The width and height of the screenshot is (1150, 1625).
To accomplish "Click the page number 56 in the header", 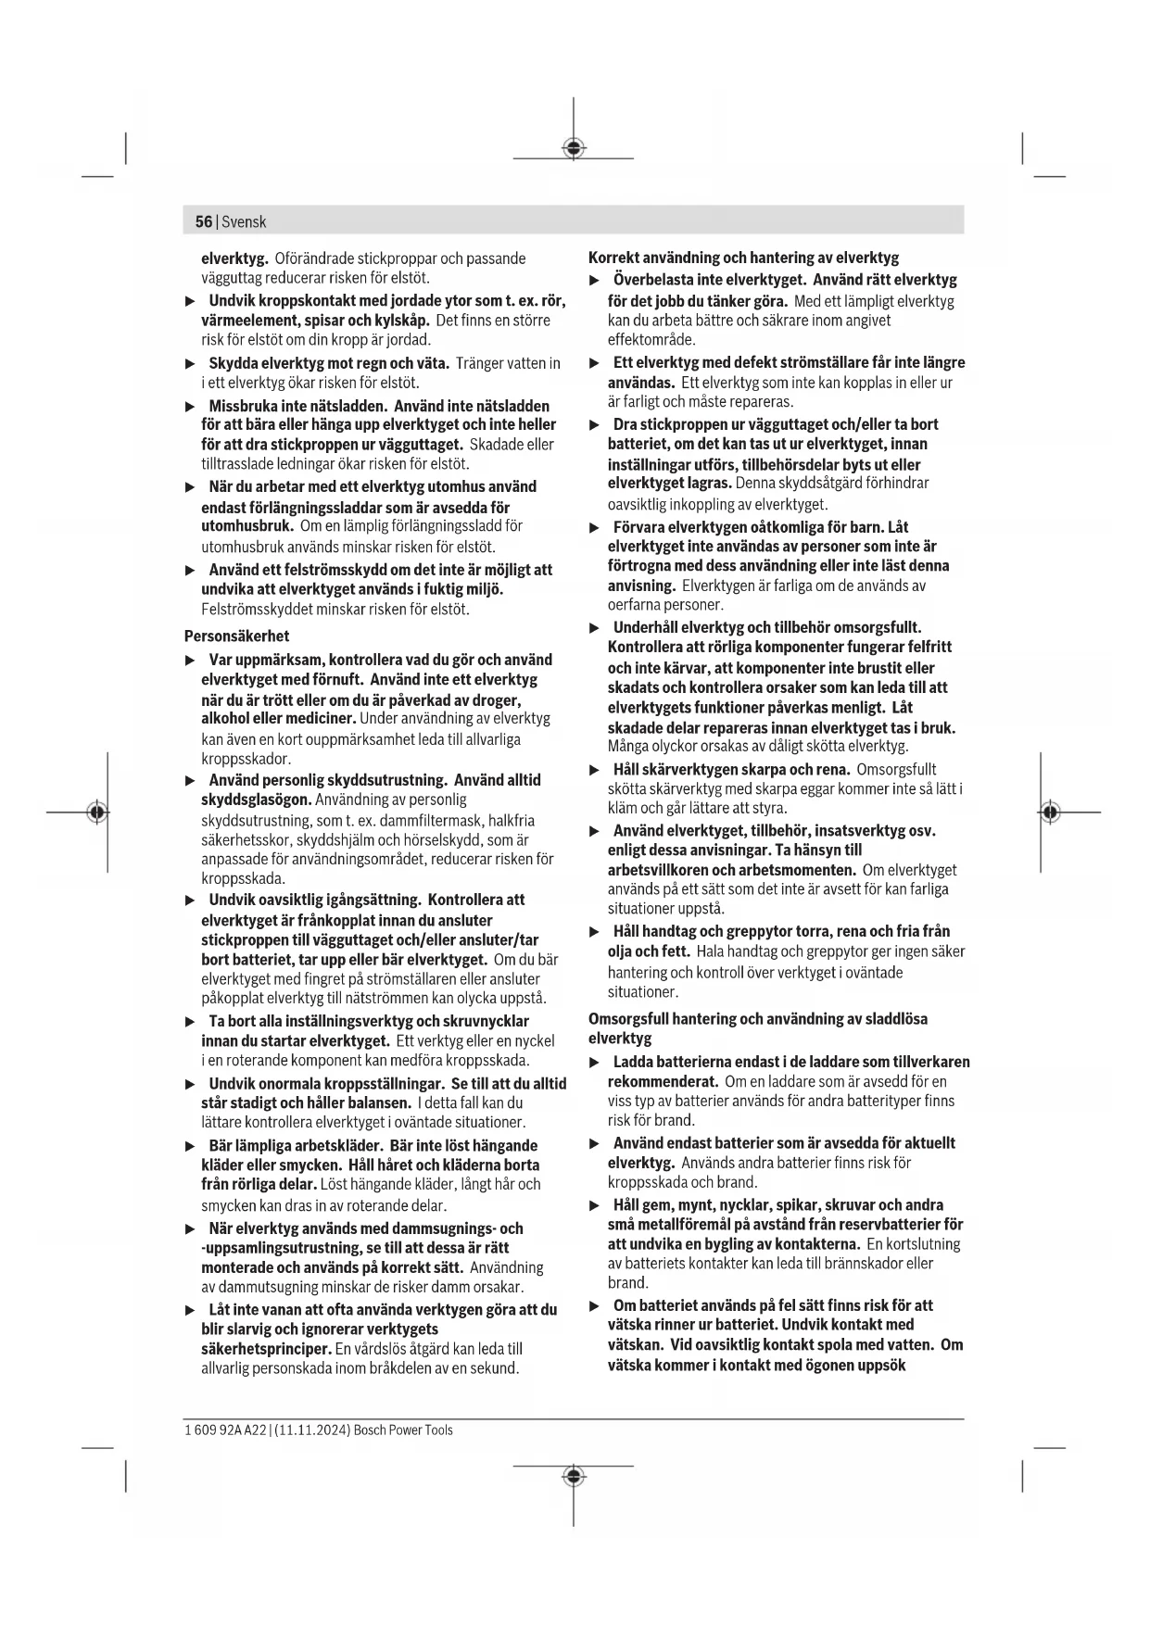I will pyautogui.click(x=203, y=222).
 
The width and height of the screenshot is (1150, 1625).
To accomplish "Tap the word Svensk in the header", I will pyautogui.click(x=244, y=222).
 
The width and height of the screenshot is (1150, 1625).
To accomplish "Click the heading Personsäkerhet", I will pyautogui.click(x=236, y=636).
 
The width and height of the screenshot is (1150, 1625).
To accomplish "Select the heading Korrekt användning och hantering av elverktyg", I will pyautogui.click(x=743, y=258).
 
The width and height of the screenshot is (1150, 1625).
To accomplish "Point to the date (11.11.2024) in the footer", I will pyautogui.click(x=312, y=1430).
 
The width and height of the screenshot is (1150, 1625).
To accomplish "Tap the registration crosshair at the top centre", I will pyautogui.click(x=574, y=148).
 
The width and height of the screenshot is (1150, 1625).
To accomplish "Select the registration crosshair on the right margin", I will pyautogui.click(x=1049, y=812).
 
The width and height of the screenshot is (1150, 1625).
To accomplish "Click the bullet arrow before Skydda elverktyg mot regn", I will pyautogui.click(x=191, y=364).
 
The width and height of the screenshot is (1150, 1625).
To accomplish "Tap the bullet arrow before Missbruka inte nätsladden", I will pyautogui.click(x=191, y=407).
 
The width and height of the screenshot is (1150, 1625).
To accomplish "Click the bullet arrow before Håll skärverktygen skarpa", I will pyautogui.click(x=595, y=770).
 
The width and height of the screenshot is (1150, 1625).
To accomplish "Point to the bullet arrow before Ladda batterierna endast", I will pyautogui.click(x=595, y=1063).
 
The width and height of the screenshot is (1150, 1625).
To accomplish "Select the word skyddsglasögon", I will pyautogui.click(x=256, y=800).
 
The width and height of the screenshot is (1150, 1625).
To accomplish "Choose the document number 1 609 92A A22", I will pyautogui.click(x=224, y=1430).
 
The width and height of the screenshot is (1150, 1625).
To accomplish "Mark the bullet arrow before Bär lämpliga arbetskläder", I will pyautogui.click(x=191, y=1146).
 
